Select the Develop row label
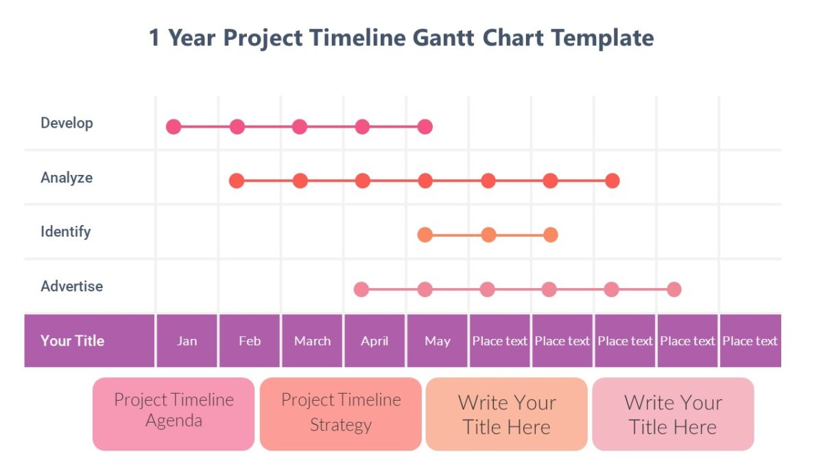pyautogui.click(x=67, y=123)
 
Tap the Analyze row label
pyautogui.click(x=67, y=178)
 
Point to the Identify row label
pyautogui.click(x=65, y=232)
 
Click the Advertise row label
pyautogui.click(x=71, y=286)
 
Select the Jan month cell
pyautogui.click(x=187, y=341)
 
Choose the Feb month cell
pyautogui.click(x=250, y=341)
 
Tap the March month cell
pyautogui.click(x=312, y=341)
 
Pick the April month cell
pyautogui.click(x=374, y=341)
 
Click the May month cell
pyautogui.click(x=438, y=341)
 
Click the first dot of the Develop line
pyautogui.click(x=174, y=127)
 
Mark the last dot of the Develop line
pyautogui.click(x=425, y=127)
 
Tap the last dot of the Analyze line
pyautogui.click(x=612, y=181)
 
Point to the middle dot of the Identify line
pyautogui.click(x=488, y=235)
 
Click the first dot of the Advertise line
pyautogui.click(x=361, y=289)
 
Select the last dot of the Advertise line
pyautogui.click(x=674, y=289)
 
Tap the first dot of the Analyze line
pyautogui.click(x=237, y=181)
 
